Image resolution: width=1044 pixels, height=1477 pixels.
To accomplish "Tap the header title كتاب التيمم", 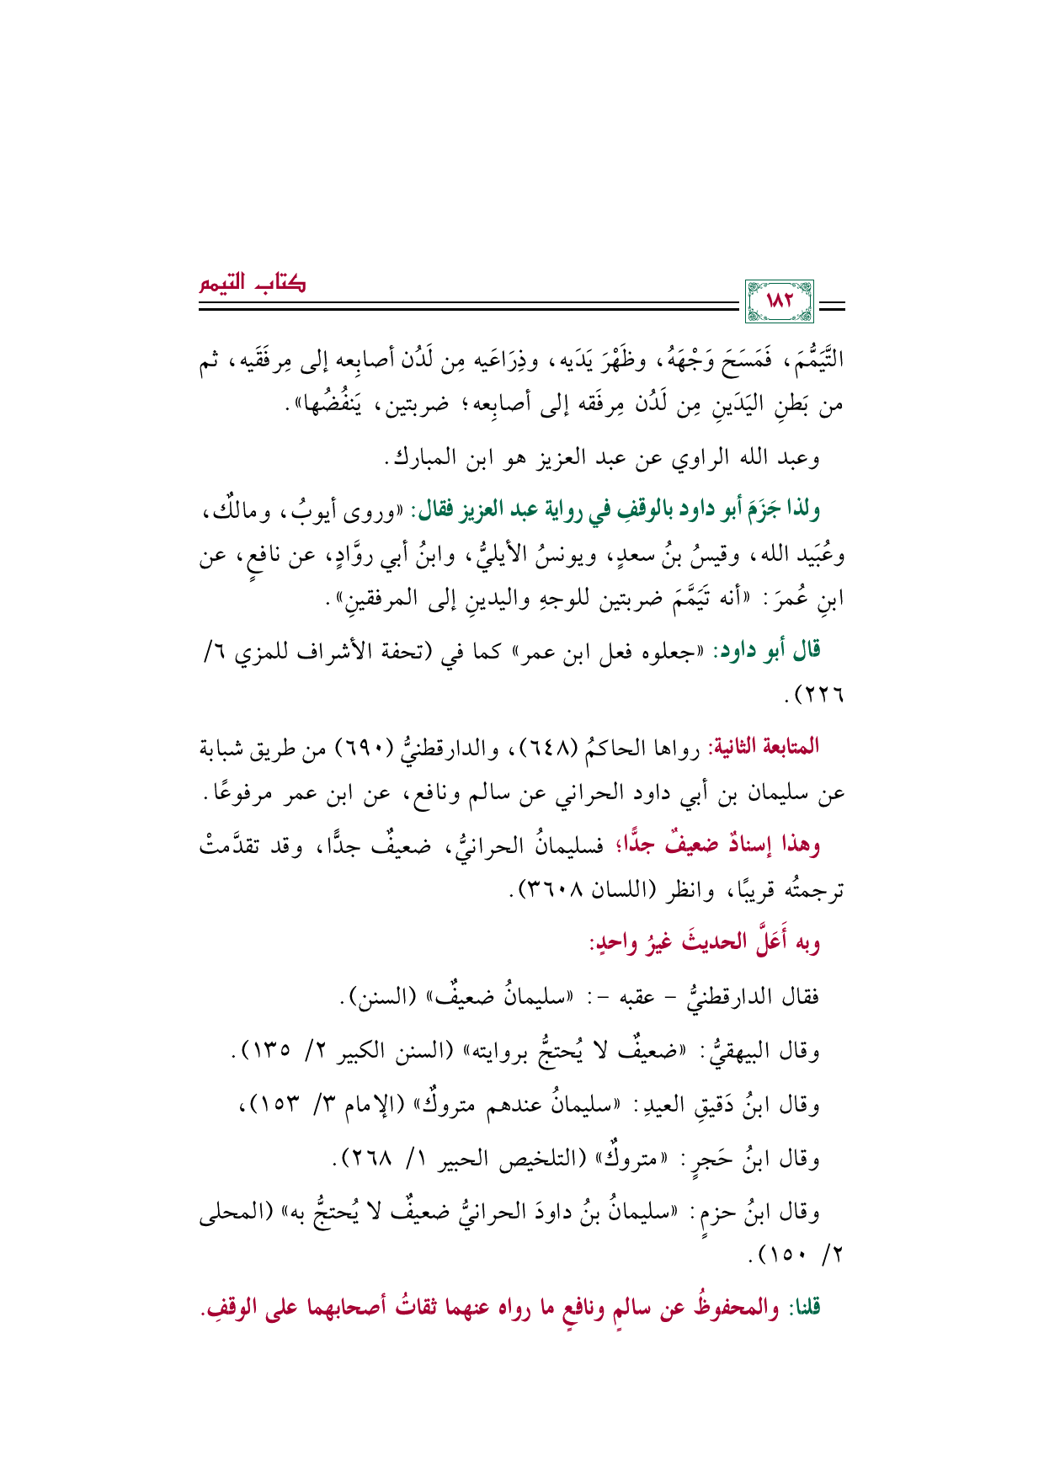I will point(252,283).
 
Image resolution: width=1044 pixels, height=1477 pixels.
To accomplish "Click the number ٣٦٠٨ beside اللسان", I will point(551,890).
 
